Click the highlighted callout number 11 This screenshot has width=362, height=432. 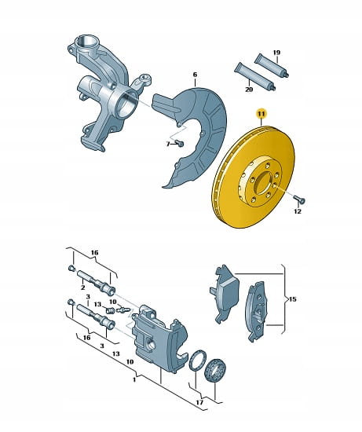click(261, 114)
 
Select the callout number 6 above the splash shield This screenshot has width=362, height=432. click(195, 75)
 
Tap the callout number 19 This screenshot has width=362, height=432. click(276, 53)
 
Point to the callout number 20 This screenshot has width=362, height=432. click(249, 90)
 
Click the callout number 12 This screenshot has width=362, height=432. click(298, 211)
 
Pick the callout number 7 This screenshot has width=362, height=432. click(168, 144)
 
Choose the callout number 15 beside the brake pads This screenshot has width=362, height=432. click(293, 298)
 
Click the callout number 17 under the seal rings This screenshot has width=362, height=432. click(199, 402)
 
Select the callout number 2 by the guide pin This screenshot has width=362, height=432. click(82, 287)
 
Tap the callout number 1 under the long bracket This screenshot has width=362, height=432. click(134, 379)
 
